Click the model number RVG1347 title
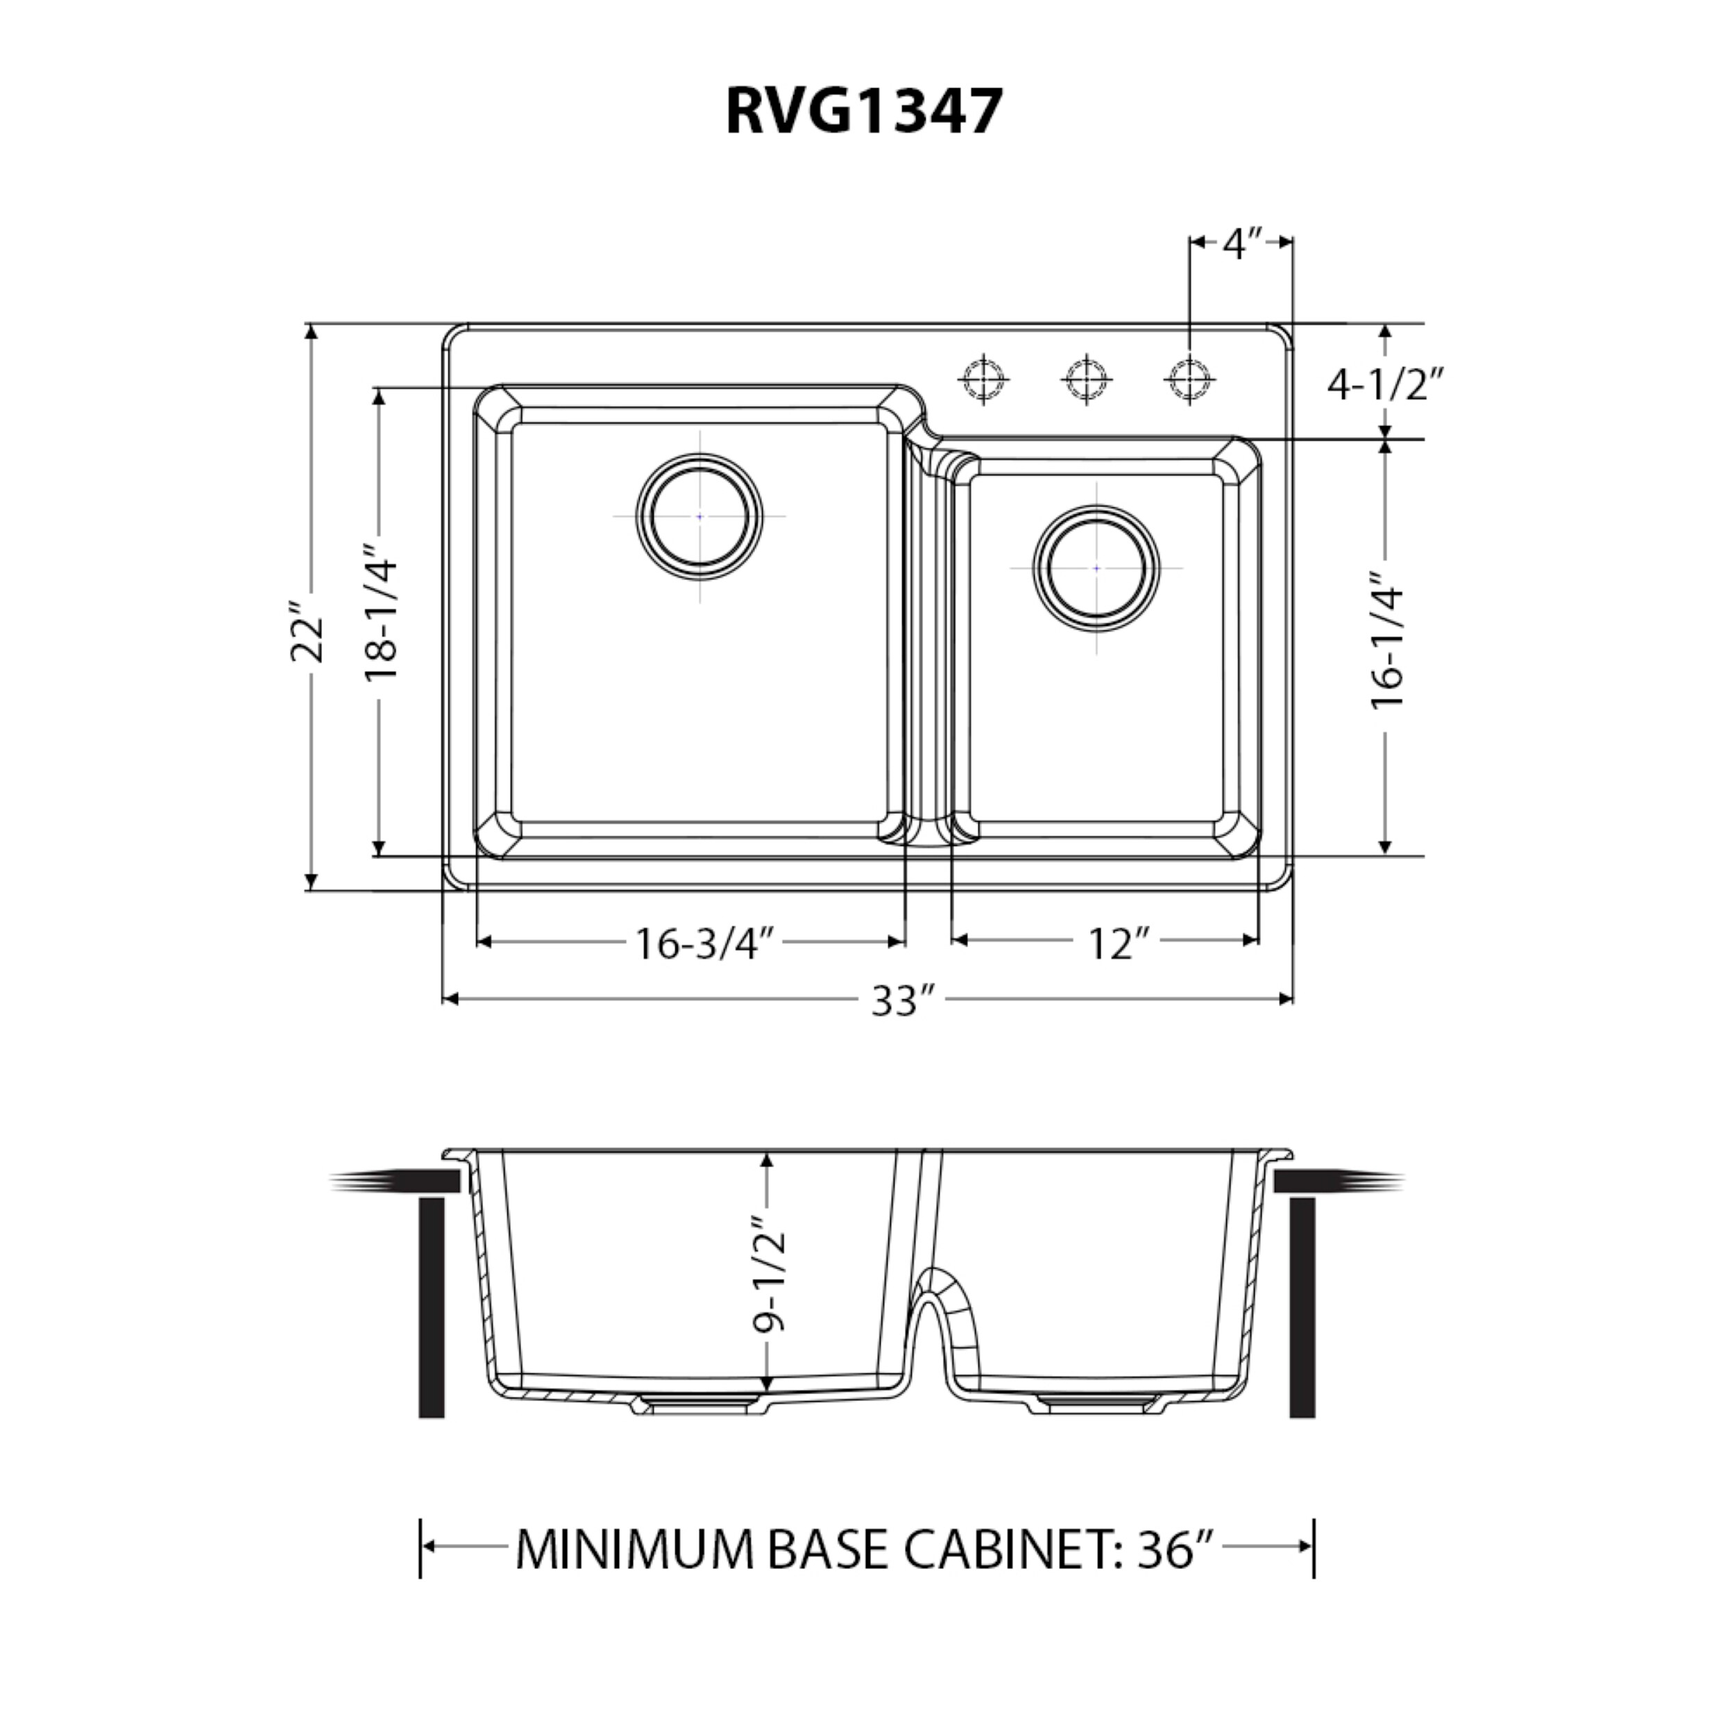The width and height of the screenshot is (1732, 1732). click(863, 112)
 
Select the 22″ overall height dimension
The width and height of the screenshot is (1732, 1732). click(308, 627)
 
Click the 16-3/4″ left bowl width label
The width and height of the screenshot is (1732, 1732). click(704, 943)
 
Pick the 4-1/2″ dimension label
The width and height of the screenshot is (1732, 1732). click(1386, 384)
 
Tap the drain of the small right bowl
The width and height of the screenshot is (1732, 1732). click(1096, 568)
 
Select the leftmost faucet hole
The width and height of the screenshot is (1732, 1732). click(983, 379)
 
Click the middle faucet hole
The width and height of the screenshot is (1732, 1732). click(1087, 379)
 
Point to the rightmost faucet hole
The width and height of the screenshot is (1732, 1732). click(1189, 379)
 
